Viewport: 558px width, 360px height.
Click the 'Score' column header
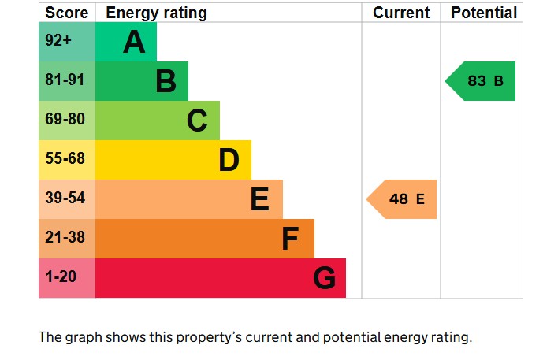pyautogui.click(x=66, y=13)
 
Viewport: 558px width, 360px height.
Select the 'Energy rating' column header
pyautogui.click(x=156, y=13)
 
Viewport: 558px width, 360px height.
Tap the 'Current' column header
pyautogui.click(x=401, y=13)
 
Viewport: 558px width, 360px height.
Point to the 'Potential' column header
pyautogui.click(x=483, y=13)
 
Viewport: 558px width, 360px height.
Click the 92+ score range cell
pyautogui.click(x=58, y=41)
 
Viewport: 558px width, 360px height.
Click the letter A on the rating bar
pyautogui.click(x=134, y=42)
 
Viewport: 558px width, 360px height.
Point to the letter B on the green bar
pyautogui.click(x=166, y=81)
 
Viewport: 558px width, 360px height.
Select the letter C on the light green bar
pyautogui.click(x=197, y=121)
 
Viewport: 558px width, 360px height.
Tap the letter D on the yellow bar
pyautogui.click(x=229, y=160)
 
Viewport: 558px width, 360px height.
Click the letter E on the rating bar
pyautogui.click(x=259, y=199)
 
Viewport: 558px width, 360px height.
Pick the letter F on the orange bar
pyautogui.click(x=291, y=239)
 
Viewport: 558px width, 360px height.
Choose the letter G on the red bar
pyautogui.click(x=324, y=278)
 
